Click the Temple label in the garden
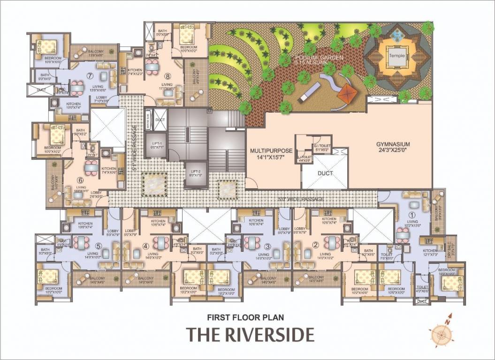(396, 55)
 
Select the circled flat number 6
(80, 180)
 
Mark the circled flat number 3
(267, 246)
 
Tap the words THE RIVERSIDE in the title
(250, 335)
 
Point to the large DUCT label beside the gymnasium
(325, 173)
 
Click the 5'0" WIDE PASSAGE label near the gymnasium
(301, 200)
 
